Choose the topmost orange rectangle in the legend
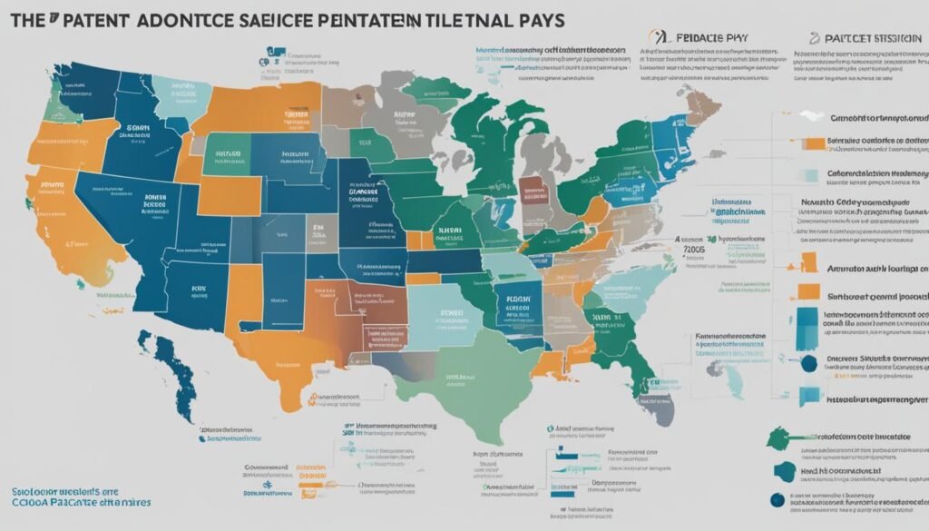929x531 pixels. coord(814,143)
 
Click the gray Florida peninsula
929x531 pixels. coord(660,399)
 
